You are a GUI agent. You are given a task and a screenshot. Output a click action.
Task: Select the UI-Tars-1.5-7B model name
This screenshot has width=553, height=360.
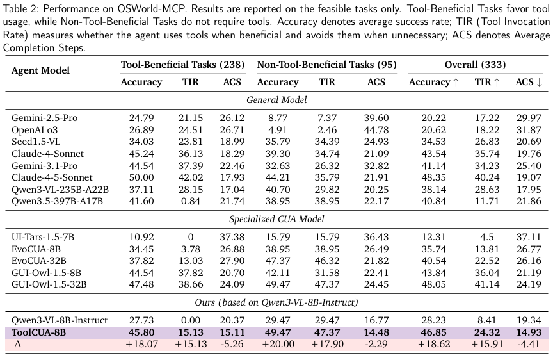coord(43,237)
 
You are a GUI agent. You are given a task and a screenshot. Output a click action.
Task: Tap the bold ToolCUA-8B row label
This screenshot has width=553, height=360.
coord(39,332)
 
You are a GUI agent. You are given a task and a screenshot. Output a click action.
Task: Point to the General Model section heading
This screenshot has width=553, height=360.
coord(276,100)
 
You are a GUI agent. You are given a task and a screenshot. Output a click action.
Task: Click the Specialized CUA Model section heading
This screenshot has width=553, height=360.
coord(276,219)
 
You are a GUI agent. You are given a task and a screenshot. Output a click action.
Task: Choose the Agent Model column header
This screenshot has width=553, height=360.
coord(40,70)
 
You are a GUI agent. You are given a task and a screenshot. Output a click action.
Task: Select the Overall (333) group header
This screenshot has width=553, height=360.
coord(475,65)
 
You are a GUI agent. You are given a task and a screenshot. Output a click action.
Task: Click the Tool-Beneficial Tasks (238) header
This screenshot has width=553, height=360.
coord(182,65)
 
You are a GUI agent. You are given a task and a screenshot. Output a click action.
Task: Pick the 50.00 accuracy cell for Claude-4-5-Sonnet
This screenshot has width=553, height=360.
coord(141,177)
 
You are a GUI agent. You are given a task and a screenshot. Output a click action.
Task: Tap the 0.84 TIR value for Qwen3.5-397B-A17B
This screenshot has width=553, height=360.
coord(191,202)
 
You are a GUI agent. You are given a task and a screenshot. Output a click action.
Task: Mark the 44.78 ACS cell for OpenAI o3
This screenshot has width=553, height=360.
coord(376,130)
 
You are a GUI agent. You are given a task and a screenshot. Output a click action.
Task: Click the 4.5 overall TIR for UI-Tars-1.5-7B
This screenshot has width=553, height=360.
coord(487,237)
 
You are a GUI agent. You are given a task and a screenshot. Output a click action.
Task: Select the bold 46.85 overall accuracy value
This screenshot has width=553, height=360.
coord(434,332)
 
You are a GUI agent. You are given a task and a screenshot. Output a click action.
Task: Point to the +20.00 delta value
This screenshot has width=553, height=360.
coord(278,344)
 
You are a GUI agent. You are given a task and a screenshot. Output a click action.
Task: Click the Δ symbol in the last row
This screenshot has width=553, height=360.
coord(18,344)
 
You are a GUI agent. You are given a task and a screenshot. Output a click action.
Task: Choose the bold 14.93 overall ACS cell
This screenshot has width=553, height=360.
coord(529,332)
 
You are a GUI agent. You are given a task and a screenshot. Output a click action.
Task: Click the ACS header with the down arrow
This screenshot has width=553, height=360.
coord(529,82)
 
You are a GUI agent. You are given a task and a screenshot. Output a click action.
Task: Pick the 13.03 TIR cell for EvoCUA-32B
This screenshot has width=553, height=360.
coord(191,261)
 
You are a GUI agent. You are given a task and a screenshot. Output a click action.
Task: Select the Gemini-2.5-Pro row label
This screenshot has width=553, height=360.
coord(44,119)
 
